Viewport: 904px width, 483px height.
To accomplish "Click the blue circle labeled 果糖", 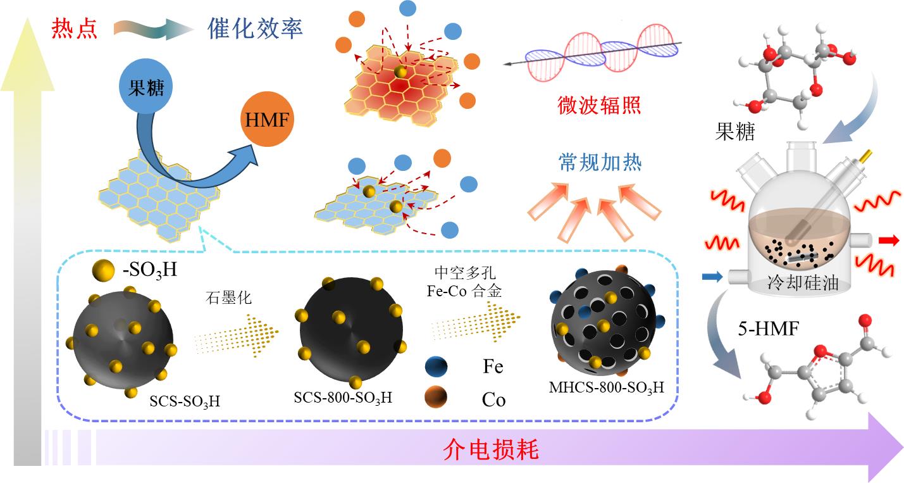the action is (x=146, y=87).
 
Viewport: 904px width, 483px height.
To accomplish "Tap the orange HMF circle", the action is (x=267, y=119).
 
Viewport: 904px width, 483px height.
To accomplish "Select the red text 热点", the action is (x=75, y=28).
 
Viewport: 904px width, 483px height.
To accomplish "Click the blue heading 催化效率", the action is (x=255, y=28).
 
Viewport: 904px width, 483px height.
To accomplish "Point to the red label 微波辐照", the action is (x=599, y=105).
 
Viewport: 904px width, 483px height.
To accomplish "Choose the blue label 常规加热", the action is (x=600, y=163).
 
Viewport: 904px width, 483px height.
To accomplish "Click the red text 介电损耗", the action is (x=491, y=449).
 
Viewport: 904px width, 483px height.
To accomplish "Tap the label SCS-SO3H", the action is (x=185, y=401).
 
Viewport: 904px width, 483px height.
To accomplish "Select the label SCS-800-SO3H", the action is (x=343, y=398).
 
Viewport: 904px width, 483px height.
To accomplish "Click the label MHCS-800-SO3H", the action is (x=607, y=387).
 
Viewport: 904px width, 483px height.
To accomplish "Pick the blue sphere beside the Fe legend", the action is (x=437, y=367).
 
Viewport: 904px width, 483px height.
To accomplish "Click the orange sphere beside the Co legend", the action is (x=436, y=397).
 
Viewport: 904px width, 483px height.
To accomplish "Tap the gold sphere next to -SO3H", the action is (x=103, y=270).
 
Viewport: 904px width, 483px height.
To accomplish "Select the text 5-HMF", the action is (x=769, y=329).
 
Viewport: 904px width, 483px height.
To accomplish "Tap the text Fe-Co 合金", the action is (x=464, y=291).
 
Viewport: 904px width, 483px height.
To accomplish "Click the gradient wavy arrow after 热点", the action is (x=153, y=29).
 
